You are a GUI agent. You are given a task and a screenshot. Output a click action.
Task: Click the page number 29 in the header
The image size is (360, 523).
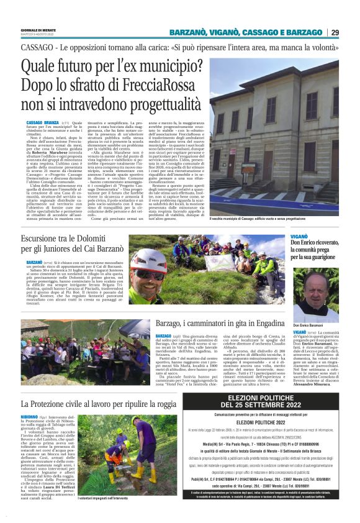pyautogui.click(x=352, y=32)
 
